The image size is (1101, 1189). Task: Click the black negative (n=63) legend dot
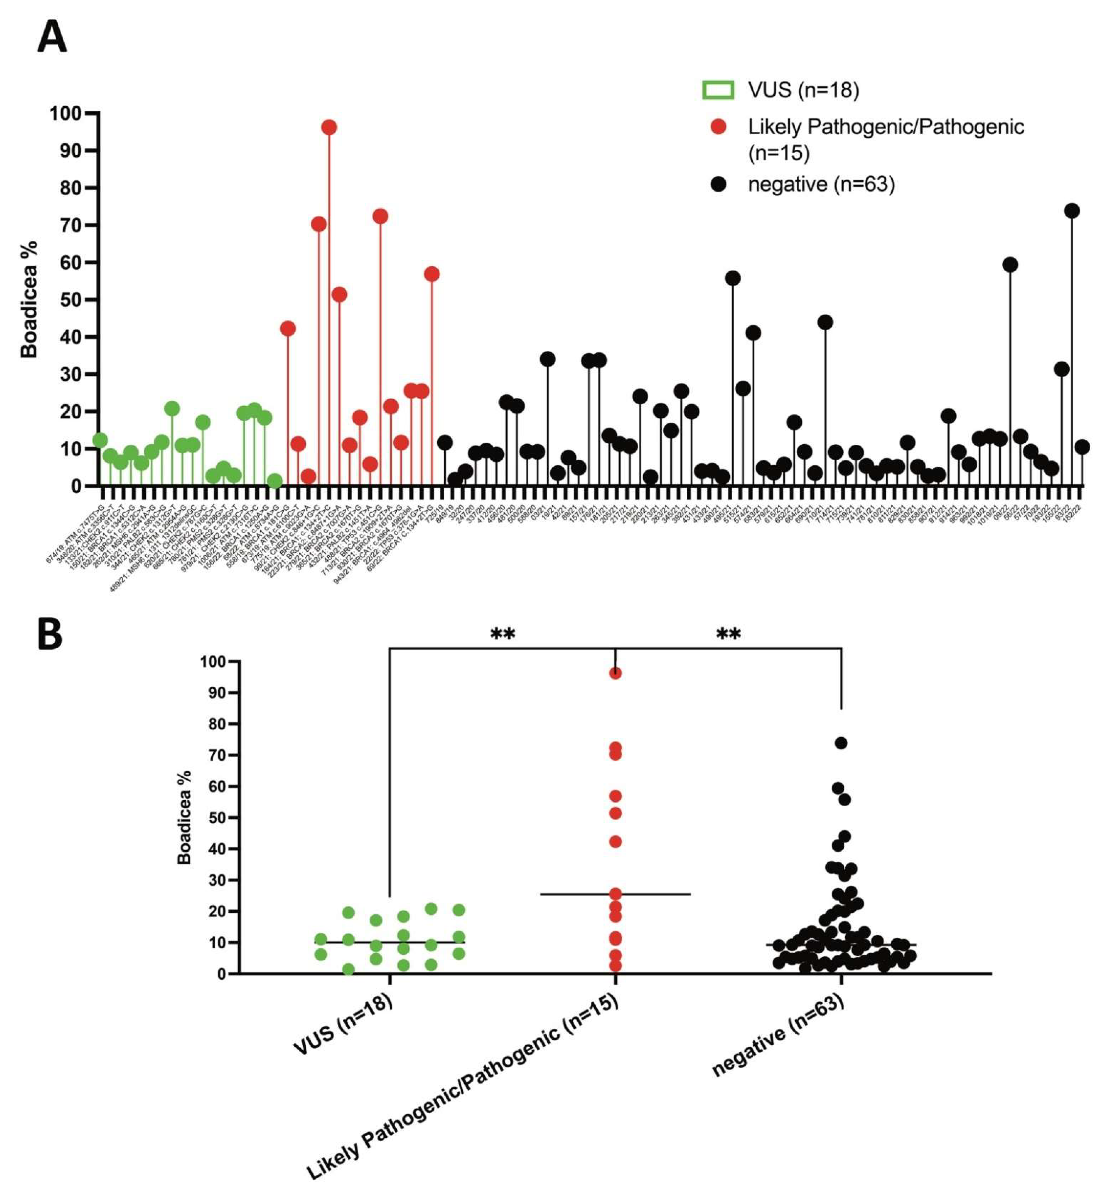tap(718, 184)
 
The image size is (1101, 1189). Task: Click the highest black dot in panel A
tap(1072, 211)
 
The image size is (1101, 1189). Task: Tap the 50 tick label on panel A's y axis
tap(70, 300)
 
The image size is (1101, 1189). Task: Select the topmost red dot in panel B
tap(615, 673)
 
